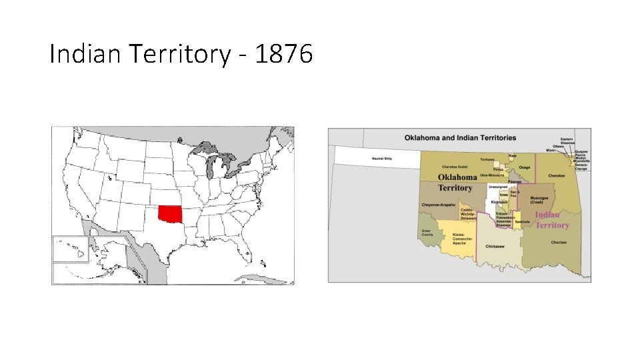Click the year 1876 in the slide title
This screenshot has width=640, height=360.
283,55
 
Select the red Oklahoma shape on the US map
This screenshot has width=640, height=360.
169,215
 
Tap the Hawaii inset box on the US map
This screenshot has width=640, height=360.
70,250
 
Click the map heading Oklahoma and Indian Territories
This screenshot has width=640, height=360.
460,138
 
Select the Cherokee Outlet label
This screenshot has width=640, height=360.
456,167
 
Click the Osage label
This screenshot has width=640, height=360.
525,167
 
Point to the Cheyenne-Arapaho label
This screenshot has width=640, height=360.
438,205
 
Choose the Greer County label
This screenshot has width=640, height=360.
427,233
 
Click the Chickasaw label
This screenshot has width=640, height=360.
495,247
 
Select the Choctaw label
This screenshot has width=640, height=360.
559,242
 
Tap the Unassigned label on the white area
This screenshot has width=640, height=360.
498,187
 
